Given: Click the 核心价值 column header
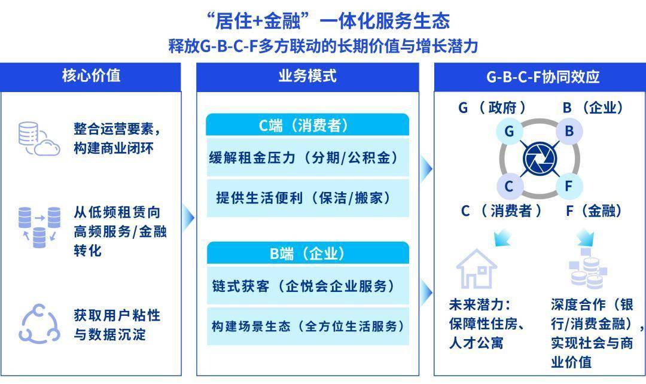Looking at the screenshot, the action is [91, 77].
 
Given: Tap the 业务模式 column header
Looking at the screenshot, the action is [307, 77].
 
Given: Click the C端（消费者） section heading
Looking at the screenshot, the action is [307, 125].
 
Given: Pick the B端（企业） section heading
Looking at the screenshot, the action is [307, 253].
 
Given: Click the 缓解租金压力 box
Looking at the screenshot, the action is [307, 157].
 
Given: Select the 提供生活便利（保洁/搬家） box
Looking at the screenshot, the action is [307, 198].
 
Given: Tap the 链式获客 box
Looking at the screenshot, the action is [307, 285].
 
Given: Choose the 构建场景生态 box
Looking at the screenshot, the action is [307, 326].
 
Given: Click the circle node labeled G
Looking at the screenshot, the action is [509, 131].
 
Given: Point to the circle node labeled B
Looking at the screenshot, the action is [569, 131].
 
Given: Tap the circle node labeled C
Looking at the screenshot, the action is [509, 186].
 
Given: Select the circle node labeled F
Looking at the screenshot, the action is [569, 186].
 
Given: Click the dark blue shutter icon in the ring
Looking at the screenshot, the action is [540, 159].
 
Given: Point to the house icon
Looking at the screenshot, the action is [477, 268].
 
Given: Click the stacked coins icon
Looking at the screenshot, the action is [588, 269].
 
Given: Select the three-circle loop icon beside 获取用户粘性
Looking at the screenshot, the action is [39, 324].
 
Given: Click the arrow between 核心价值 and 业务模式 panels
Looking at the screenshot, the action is [188, 217].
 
